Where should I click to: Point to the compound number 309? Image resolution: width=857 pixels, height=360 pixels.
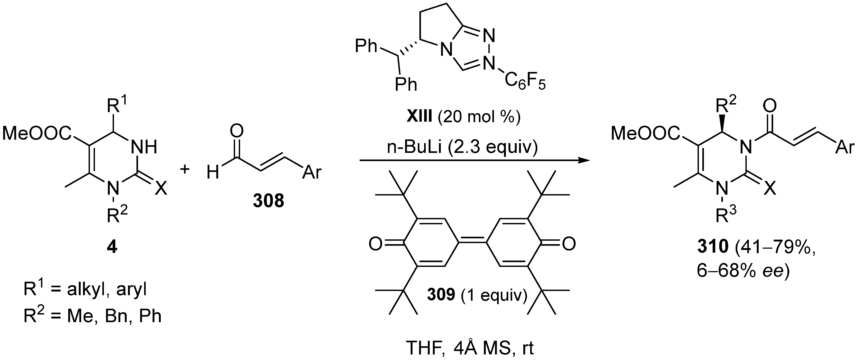point(441,294)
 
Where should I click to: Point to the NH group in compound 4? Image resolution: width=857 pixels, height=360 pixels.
point(144,146)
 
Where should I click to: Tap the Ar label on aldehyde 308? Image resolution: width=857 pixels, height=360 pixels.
point(312,172)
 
